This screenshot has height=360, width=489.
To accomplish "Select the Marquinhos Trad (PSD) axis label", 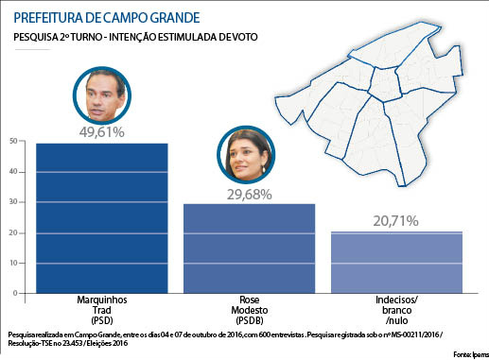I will [100, 309].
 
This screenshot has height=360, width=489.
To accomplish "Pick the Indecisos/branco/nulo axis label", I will [395, 309].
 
